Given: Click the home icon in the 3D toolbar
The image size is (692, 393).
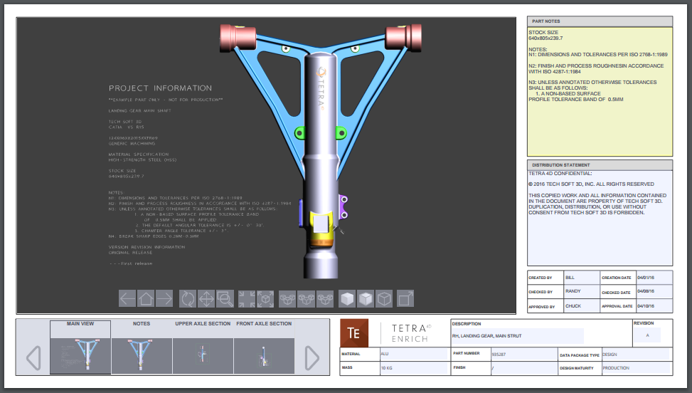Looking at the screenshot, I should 146,298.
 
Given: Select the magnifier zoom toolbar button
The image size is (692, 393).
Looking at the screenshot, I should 225,298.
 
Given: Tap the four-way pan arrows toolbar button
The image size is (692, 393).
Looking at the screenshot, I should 206,298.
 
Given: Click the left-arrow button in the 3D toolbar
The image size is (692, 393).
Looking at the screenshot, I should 127,298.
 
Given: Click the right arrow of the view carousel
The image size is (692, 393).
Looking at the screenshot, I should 312,357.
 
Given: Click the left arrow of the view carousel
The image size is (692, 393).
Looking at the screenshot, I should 33,357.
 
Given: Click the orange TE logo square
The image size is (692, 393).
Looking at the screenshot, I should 353,333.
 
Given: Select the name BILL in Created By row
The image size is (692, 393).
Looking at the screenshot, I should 570,278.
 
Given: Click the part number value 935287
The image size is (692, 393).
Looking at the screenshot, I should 498,354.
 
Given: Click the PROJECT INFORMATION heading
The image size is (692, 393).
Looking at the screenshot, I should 160,88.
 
